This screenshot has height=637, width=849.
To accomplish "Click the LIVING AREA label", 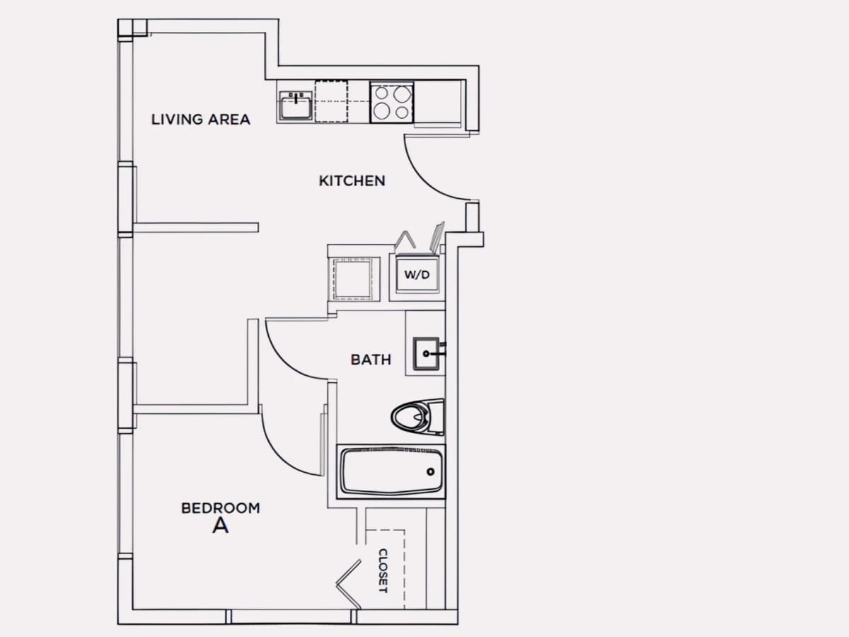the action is tap(201, 120).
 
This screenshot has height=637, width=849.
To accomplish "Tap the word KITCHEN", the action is tap(352, 181).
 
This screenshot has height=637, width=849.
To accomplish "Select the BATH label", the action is tap(371, 360).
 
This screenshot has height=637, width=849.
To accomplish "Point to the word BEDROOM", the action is tap(221, 508).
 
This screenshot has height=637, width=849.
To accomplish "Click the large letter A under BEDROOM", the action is tap(221, 526).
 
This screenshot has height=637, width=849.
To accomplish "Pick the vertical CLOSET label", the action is tap(383, 571).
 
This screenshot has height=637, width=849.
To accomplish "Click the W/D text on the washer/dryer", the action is tap(417, 275).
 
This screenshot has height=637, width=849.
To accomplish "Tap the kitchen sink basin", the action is tap(296, 105).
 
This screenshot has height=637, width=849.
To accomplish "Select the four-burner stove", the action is tap(391, 102).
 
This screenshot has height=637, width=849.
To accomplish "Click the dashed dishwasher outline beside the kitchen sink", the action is tap(331, 101).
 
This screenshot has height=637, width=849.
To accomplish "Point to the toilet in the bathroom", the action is tap(417, 417).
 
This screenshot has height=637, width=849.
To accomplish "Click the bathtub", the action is tap(391, 471).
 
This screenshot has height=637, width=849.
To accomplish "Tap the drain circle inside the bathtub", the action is tap(430, 471).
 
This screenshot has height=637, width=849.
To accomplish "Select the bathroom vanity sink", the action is tap(426, 353).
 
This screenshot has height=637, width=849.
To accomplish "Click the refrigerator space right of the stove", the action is tap(437, 102).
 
